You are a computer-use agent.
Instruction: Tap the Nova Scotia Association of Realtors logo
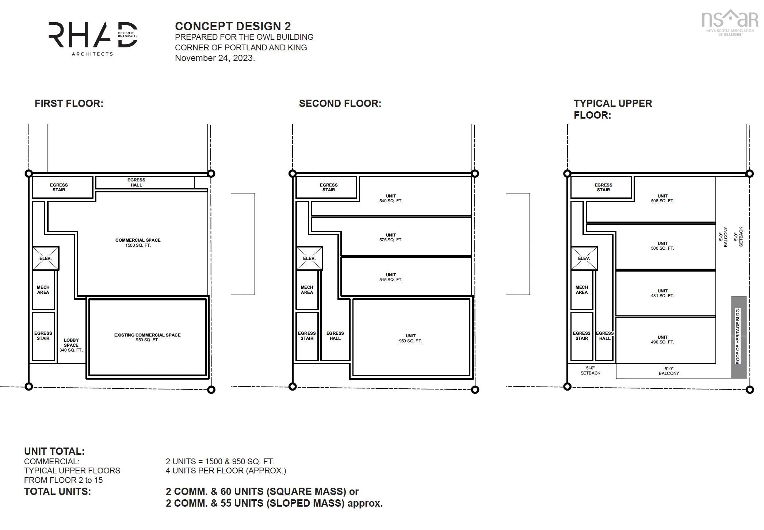(x=730, y=23)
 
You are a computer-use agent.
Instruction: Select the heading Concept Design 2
(x=233, y=26)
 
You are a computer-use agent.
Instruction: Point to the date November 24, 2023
(x=215, y=58)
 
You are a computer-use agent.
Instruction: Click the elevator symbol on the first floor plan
(x=46, y=258)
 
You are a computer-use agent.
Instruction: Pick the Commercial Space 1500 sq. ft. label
(x=138, y=243)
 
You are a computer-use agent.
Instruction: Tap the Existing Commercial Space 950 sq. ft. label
(x=148, y=337)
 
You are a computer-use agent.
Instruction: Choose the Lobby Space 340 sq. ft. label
(x=71, y=345)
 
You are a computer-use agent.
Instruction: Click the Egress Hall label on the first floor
(x=136, y=183)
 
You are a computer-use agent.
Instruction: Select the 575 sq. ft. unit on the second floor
(x=391, y=238)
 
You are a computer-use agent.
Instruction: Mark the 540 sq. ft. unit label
(x=391, y=198)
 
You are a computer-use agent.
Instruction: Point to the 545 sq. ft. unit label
(x=391, y=277)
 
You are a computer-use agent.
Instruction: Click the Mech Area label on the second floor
(x=307, y=290)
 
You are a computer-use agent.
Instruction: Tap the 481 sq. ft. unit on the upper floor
(x=662, y=293)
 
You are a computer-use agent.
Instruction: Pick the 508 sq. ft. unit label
(x=662, y=198)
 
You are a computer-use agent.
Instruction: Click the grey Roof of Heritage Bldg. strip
(x=738, y=337)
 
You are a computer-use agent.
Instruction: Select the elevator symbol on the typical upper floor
(x=584, y=258)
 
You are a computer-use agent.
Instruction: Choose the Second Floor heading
(x=340, y=104)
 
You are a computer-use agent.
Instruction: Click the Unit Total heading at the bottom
(x=54, y=452)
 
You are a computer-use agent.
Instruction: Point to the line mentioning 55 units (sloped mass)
(x=274, y=503)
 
